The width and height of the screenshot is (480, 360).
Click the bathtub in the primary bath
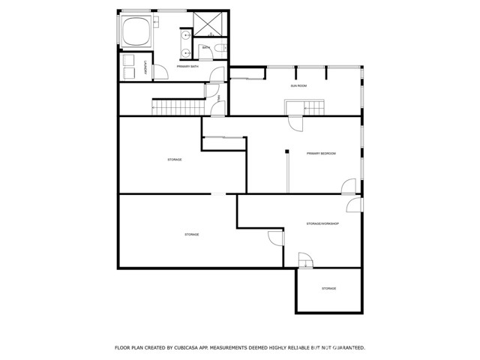(x=137, y=31)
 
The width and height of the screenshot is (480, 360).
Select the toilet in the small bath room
(x=218, y=49)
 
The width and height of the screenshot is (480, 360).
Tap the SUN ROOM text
(x=299, y=86)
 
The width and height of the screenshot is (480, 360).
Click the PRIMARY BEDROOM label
(x=321, y=154)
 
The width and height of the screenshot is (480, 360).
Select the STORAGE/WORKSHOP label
(x=322, y=223)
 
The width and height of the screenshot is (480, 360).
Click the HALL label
(x=218, y=97)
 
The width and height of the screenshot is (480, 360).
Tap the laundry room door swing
(x=159, y=71)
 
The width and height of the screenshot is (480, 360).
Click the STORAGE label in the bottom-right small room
(x=328, y=289)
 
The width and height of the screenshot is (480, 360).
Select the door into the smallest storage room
(x=305, y=262)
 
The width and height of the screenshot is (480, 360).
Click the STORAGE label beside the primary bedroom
(x=174, y=159)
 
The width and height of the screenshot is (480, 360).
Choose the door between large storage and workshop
(x=276, y=238)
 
